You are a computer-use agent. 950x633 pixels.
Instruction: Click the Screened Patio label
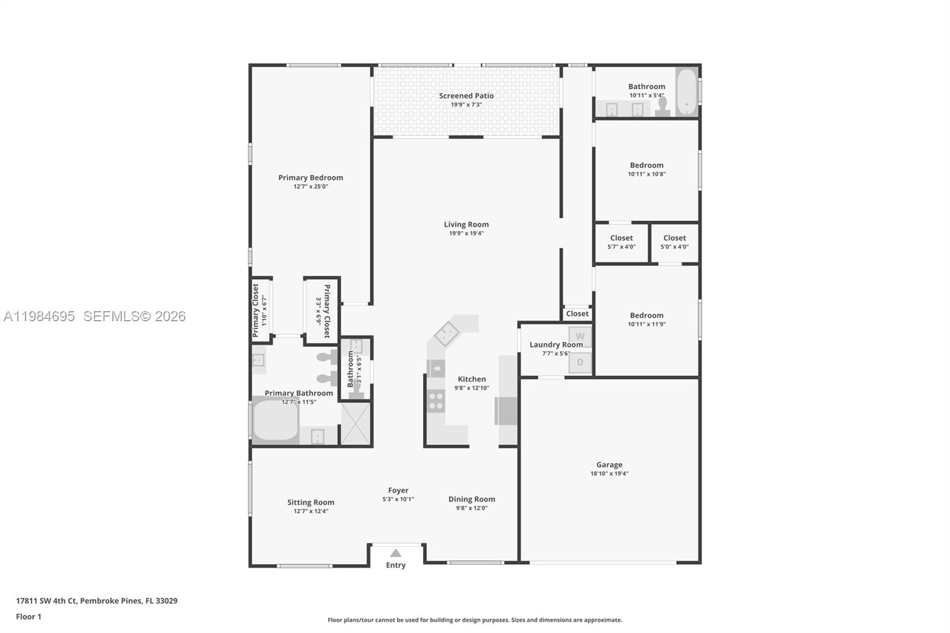coord(466,96)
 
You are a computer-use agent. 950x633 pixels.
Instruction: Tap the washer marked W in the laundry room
coord(580,336)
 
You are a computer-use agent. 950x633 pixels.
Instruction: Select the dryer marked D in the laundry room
coord(580,362)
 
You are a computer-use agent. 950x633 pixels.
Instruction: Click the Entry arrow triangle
coord(395,553)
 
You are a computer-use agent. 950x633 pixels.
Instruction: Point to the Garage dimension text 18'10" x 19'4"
coord(609,474)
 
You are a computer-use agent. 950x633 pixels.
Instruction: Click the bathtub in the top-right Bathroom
coord(686,92)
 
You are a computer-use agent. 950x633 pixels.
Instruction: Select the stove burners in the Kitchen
coord(436,401)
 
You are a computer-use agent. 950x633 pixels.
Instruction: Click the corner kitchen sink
coord(446,333)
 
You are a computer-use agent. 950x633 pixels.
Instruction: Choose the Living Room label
coord(466,224)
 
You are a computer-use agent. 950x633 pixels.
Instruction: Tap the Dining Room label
coord(471,499)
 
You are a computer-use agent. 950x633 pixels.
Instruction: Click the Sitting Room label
coord(311,502)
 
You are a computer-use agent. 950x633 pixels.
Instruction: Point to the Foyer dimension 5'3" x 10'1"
coord(398,499)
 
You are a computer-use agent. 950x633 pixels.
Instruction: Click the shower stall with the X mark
coord(356,423)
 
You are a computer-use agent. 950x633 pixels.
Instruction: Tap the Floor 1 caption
coord(28,616)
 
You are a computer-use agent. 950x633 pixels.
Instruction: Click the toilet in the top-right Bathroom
coord(663,107)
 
